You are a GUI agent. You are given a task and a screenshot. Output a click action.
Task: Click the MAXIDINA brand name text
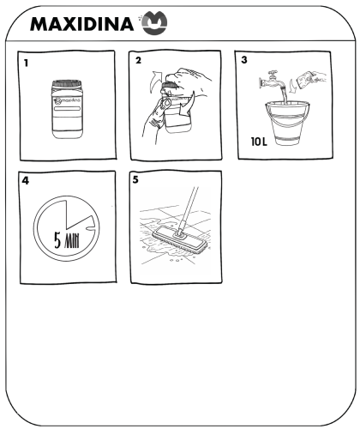(x=81, y=24)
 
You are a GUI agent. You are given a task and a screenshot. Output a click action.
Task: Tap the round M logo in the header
(x=154, y=23)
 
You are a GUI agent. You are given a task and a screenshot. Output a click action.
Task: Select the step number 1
(x=26, y=63)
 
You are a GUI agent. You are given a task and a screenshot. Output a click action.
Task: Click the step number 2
(x=138, y=61)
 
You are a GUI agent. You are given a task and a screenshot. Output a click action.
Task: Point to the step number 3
(x=244, y=60)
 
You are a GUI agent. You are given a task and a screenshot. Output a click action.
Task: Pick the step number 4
(x=26, y=181)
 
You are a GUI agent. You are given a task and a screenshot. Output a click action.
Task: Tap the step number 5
(x=135, y=179)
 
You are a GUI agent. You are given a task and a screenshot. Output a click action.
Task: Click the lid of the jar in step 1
(x=67, y=83)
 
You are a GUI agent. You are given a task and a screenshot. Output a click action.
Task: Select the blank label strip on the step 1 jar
(x=67, y=109)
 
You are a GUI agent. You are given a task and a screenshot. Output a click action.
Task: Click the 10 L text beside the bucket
(x=259, y=142)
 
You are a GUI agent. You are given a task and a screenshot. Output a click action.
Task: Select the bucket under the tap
(x=287, y=123)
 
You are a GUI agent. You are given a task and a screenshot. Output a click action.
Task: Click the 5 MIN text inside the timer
(x=67, y=241)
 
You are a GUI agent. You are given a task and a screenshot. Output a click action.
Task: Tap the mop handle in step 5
(x=189, y=210)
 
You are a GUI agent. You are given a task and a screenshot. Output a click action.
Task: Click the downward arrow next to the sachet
(x=291, y=87)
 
